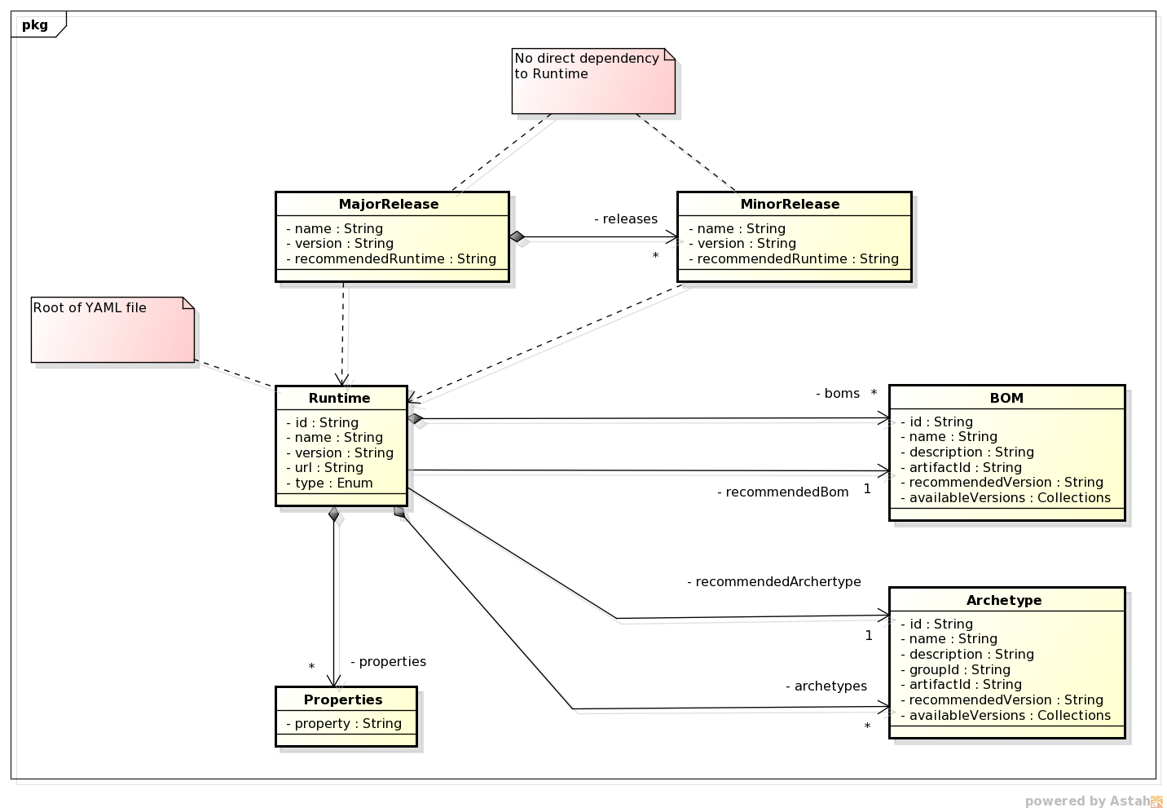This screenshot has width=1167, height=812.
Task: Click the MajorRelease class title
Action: click(389, 204)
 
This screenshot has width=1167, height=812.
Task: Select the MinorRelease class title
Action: click(790, 204)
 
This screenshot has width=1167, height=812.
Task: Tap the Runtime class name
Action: click(340, 398)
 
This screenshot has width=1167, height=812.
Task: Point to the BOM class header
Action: click(1006, 398)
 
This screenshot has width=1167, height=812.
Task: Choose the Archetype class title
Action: click(1004, 600)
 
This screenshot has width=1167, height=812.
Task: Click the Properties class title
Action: click(343, 699)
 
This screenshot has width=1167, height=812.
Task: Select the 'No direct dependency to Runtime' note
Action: click(593, 81)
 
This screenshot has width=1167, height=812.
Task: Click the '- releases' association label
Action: click(626, 219)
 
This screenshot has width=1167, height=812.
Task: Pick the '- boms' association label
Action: click(838, 394)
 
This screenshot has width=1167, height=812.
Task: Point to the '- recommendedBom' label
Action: click(783, 492)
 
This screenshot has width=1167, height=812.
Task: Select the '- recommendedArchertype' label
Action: click(774, 582)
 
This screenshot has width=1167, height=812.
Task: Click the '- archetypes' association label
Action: click(826, 686)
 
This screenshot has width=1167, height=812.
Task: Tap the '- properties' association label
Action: click(389, 662)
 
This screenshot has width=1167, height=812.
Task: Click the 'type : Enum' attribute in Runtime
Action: click(330, 483)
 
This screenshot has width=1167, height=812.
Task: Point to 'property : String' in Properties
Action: click(344, 724)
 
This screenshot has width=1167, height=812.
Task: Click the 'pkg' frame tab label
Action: click(35, 24)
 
